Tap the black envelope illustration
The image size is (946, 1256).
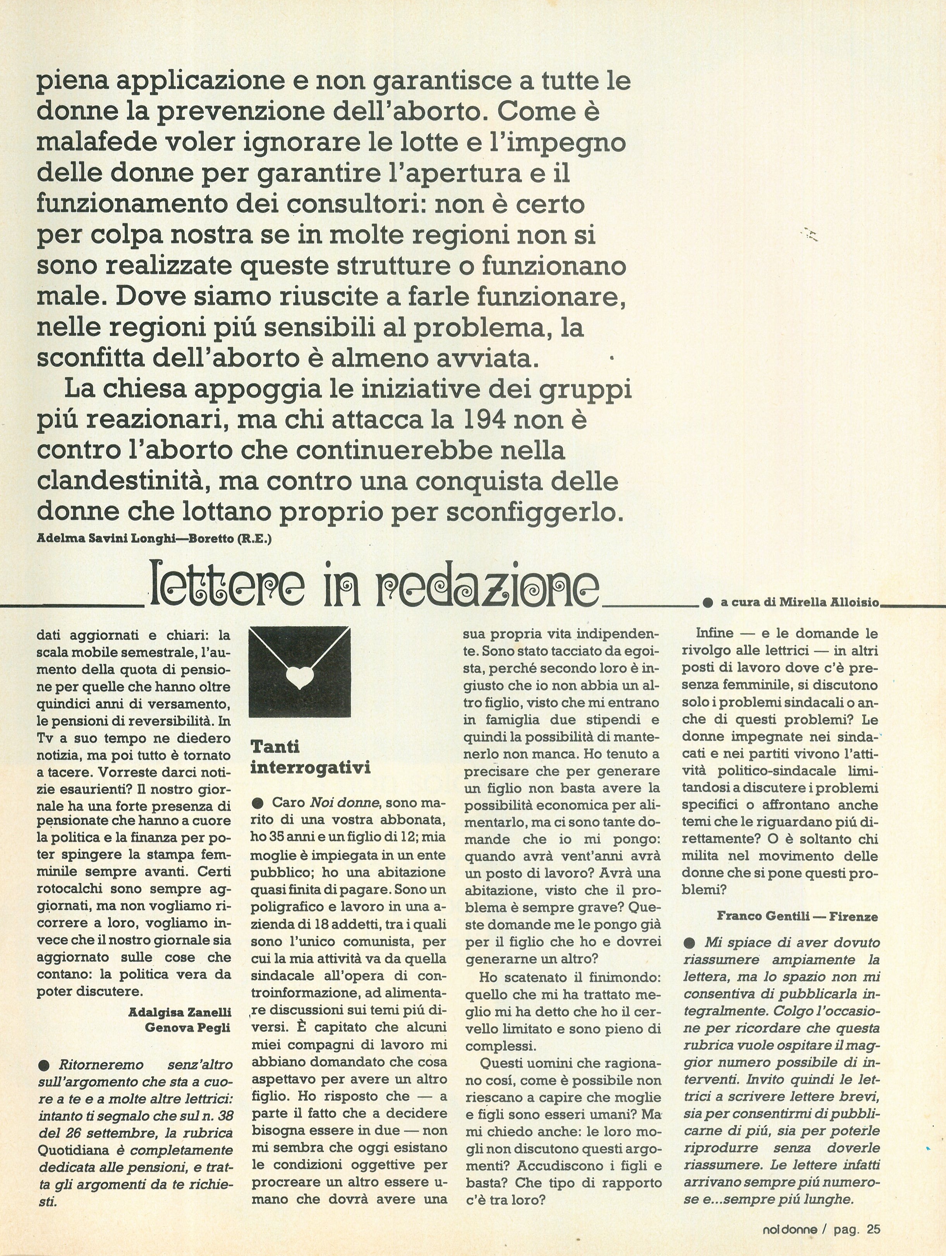300,671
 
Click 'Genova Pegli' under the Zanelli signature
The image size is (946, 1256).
188,1027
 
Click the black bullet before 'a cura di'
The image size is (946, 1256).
707,602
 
